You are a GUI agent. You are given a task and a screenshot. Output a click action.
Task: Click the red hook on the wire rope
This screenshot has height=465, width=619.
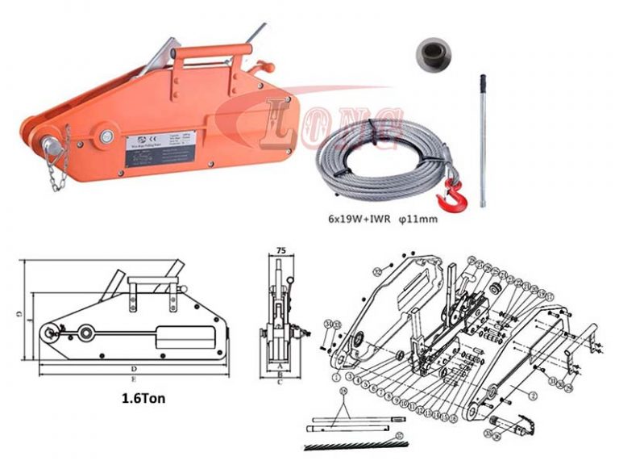pyautogui.click(x=445, y=191)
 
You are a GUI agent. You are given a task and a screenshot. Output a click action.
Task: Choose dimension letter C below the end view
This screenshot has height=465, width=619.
pyautogui.click(x=280, y=382)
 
